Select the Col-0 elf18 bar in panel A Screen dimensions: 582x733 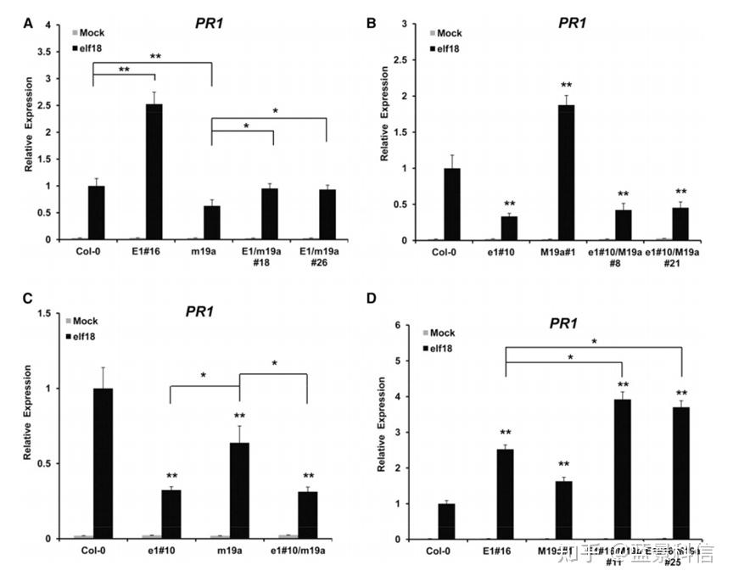coord(97,212)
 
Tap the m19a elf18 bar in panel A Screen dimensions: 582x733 coord(211,222)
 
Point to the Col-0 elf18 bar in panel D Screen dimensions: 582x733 coord(446,521)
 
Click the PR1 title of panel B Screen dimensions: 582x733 coord(572,23)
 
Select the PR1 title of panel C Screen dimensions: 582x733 coord(200,311)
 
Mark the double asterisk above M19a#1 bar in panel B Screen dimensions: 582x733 coord(566,85)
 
